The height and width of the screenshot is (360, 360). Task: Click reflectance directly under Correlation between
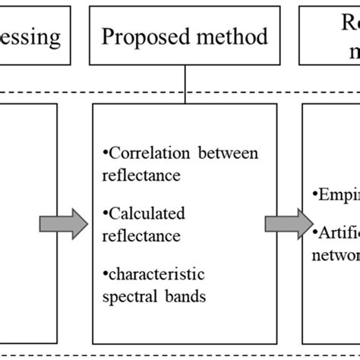tap(137, 175)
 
